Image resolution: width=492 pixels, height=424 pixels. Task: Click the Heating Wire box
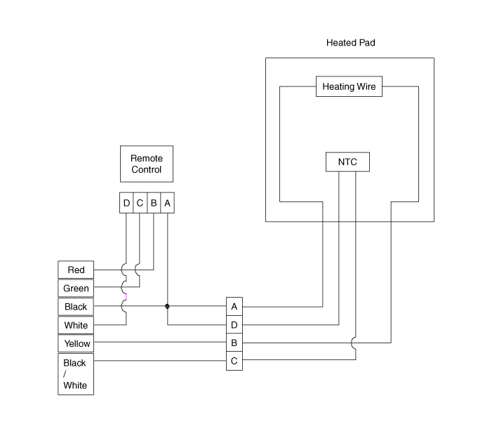[349, 87]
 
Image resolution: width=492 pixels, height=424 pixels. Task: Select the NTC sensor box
[347, 162]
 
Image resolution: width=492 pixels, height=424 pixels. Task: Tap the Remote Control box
[146, 164]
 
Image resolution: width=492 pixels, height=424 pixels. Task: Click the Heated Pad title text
[351, 43]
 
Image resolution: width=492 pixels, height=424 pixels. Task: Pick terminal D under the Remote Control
[126, 204]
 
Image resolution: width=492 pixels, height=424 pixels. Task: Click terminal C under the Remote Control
[140, 204]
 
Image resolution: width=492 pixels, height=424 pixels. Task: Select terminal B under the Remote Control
[153, 204]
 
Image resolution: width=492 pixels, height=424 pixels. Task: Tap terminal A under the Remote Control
[167, 204]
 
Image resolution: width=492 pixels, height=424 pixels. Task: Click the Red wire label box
[76, 270]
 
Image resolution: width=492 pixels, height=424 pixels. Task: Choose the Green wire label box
[76, 289]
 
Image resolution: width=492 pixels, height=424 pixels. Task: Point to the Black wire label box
[76, 307]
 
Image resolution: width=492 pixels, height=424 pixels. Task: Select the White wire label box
[76, 325]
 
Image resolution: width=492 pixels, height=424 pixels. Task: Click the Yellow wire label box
[76, 343]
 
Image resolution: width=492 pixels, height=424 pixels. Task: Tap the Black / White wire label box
[76, 374]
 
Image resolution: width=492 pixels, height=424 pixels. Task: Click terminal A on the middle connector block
[234, 307]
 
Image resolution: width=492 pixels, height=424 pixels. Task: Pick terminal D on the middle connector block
[234, 325]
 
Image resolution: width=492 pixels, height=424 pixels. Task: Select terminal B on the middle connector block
[234, 343]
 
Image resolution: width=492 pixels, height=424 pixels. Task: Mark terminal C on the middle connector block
[234, 362]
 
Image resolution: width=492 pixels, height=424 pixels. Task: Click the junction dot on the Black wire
[167, 306]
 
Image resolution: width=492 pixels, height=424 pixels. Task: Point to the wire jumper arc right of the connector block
[355, 343]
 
